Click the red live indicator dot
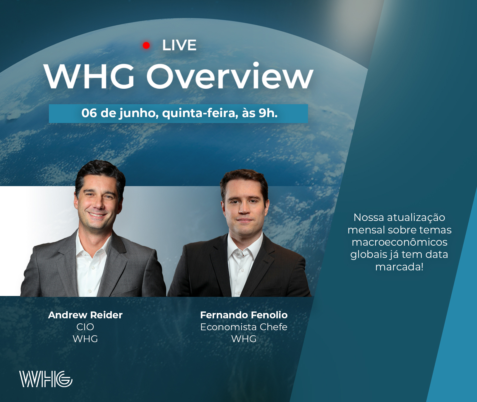[x=146, y=45]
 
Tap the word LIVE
[x=179, y=45]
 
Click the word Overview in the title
[x=230, y=76]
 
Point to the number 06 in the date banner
[x=89, y=113]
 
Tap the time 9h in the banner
[x=267, y=113]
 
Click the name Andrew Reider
[x=85, y=315]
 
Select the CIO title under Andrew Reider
[x=85, y=327]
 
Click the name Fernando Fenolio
[x=244, y=315]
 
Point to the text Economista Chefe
[x=244, y=327]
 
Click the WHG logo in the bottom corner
[x=46, y=379]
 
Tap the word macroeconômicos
[x=399, y=242]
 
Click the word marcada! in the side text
[x=399, y=267]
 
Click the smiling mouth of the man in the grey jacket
[x=97, y=215]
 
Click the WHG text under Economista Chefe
[x=244, y=339]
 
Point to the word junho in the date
[x=138, y=113]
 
